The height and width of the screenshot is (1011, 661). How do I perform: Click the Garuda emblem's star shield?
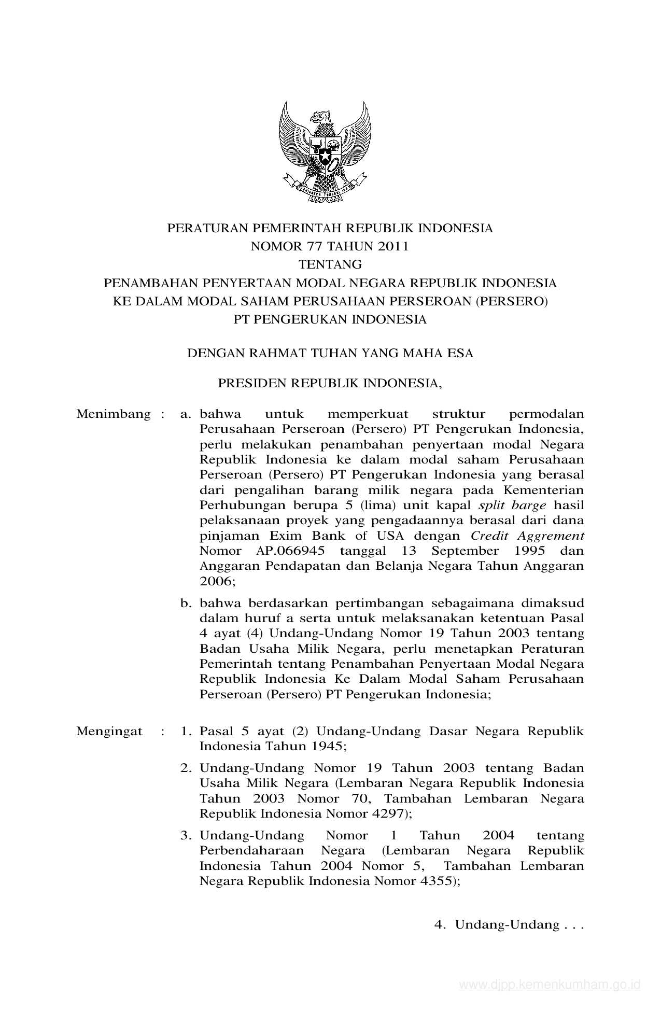(x=325, y=154)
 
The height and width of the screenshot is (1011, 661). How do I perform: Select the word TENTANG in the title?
(x=330, y=264)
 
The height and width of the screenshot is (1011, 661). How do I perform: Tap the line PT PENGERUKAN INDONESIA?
(x=330, y=319)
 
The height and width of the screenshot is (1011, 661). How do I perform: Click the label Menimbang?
(x=113, y=414)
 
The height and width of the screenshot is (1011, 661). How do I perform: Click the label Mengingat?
(x=109, y=732)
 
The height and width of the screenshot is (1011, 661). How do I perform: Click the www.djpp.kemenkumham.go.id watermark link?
(x=551, y=985)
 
